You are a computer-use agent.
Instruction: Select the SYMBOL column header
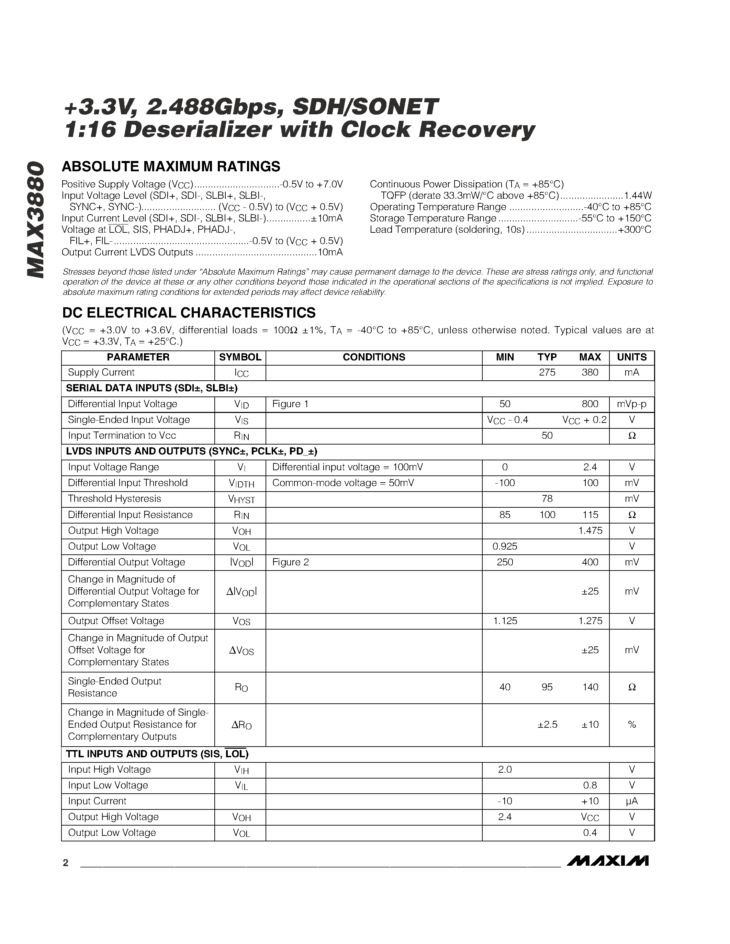pyautogui.click(x=240, y=357)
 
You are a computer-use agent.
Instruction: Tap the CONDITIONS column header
pyautogui.click(x=374, y=357)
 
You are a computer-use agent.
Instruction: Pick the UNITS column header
pyautogui.click(x=631, y=357)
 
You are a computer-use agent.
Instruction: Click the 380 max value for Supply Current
pyautogui.click(x=590, y=372)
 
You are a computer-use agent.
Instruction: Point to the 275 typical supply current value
pyautogui.click(x=547, y=372)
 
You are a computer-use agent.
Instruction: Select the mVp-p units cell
pyautogui.click(x=631, y=404)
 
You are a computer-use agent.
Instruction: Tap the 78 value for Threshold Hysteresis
pyautogui.click(x=547, y=499)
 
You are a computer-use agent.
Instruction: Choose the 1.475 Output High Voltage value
pyautogui.click(x=590, y=531)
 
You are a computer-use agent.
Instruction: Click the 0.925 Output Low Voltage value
pyautogui.click(x=505, y=546)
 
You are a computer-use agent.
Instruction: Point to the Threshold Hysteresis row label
pyautogui.click(x=115, y=499)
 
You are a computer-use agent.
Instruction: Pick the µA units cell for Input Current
pyautogui.click(x=631, y=801)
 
